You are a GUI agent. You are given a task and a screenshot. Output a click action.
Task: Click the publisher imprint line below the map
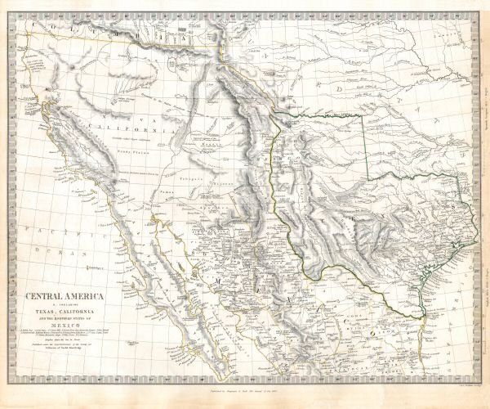(246, 395)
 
